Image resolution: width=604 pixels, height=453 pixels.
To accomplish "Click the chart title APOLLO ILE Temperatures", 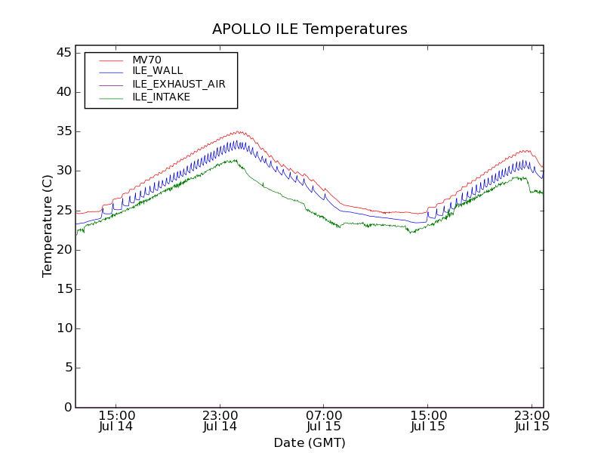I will [x=310, y=29].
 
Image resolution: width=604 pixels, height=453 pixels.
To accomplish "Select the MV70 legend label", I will [x=146, y=60].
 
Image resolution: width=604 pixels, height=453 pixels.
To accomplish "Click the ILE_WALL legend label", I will [x=157, y=71].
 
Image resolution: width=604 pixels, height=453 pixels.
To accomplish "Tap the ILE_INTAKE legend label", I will [x=161, y=97].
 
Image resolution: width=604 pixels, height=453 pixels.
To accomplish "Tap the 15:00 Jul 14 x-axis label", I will [x=117, y=421].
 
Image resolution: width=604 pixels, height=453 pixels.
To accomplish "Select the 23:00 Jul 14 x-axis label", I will [x=220, y=421].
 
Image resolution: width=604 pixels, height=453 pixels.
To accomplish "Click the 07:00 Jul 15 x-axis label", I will [x=324, y=421].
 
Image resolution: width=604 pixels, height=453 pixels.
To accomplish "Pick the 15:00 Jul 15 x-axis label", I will [x=427, y=421].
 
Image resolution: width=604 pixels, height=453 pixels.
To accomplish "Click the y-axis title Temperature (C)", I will [x=48, y=226].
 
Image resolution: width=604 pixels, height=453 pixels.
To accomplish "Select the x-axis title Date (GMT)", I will [x=310, y=442].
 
